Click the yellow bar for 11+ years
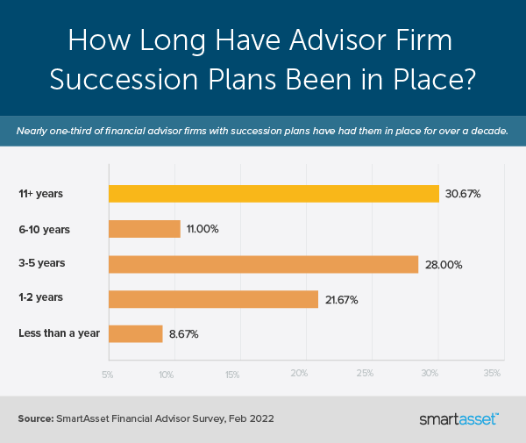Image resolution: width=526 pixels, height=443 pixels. point(273,194)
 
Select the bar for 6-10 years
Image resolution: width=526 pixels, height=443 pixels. point(144,229)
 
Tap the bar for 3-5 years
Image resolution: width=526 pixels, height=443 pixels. point(263,264)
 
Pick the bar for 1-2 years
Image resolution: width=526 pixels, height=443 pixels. point(212,299)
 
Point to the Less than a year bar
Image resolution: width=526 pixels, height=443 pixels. point(135,334)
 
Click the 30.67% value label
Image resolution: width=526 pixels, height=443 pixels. point(463,195)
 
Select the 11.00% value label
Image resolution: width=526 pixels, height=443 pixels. point(203,230)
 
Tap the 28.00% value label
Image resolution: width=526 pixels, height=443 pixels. point(443,265)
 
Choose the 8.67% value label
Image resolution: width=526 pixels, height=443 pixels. point(183,335)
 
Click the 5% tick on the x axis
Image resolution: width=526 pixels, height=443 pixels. point(107,375)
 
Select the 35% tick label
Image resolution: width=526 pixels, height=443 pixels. point(493,375)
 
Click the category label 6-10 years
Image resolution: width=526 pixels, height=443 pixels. point(44,229)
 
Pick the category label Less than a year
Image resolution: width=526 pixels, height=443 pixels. point(59,333)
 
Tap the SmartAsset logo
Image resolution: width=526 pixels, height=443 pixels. point(459,418)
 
